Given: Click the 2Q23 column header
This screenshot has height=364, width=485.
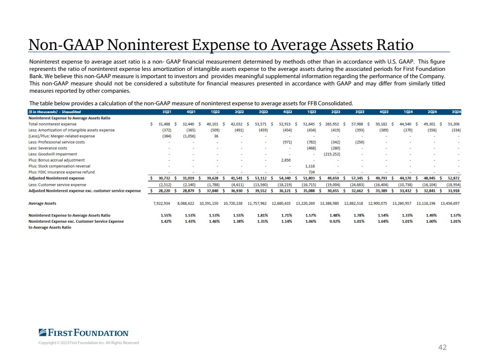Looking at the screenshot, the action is point(335,112).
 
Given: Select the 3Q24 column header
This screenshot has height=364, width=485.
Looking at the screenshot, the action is point(456,112).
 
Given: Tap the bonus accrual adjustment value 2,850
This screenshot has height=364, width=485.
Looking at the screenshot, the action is point(286,160).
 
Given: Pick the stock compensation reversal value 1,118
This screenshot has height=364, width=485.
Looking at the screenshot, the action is point(310,166).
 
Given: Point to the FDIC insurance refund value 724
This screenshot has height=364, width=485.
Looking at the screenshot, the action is point(312,172).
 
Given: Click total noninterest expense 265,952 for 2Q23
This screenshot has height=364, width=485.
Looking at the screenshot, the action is point(332,124).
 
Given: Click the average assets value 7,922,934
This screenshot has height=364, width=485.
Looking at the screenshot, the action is point(162,203).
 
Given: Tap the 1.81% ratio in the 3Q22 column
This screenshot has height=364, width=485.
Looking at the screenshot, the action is point(263,215).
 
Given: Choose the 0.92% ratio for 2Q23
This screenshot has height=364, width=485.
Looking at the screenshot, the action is point(335,221).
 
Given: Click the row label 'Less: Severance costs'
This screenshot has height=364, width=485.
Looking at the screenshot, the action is point(48,148).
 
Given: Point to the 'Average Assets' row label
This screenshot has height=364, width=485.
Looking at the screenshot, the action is point(42,203).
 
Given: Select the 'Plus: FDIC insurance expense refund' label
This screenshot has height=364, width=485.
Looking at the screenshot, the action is point(62,172).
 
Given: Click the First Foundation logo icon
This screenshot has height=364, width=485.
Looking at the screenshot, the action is point(43,332).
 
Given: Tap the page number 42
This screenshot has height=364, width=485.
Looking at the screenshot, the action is point(442,347).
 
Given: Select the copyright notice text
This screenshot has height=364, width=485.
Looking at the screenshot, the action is point(89,343).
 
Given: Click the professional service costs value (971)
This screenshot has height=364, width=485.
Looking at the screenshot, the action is point(287,142).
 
